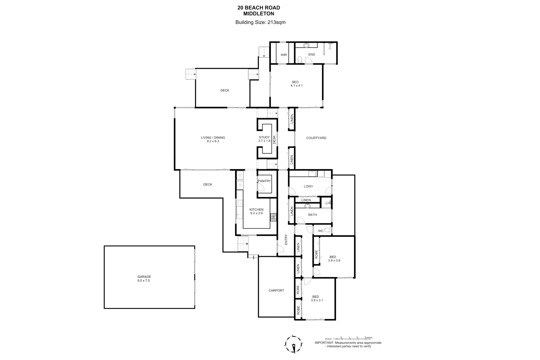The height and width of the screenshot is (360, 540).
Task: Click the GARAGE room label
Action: coord(144,279)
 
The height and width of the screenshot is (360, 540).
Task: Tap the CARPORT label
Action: coord(276,290)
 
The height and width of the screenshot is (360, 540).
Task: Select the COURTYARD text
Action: coord(316,138)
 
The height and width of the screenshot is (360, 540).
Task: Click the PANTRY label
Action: coord(264,181)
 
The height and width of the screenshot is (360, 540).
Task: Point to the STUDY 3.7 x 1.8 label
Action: coord(264,139)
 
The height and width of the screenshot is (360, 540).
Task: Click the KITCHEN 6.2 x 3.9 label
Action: coord(256,211)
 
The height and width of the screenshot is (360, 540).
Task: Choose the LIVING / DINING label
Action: coord(213,139)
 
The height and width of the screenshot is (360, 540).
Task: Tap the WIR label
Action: coord(284,55)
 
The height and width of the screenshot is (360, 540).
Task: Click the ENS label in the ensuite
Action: coord(311,55)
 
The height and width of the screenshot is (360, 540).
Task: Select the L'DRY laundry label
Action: coord(308,186)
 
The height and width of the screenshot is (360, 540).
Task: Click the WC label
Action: coord(320,231)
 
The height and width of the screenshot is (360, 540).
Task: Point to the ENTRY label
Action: coord(286,240)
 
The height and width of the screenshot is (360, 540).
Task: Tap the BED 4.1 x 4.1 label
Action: coord(296,84)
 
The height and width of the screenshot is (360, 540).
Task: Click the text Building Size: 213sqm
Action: coord(260,23)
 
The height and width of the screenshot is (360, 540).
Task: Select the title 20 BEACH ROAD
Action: coord(259,8)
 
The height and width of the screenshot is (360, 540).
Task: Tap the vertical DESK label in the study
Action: coord(274,139)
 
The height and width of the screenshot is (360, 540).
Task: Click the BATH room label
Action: coord(312,215)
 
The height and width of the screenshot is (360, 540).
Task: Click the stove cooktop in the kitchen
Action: coord(273,217)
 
